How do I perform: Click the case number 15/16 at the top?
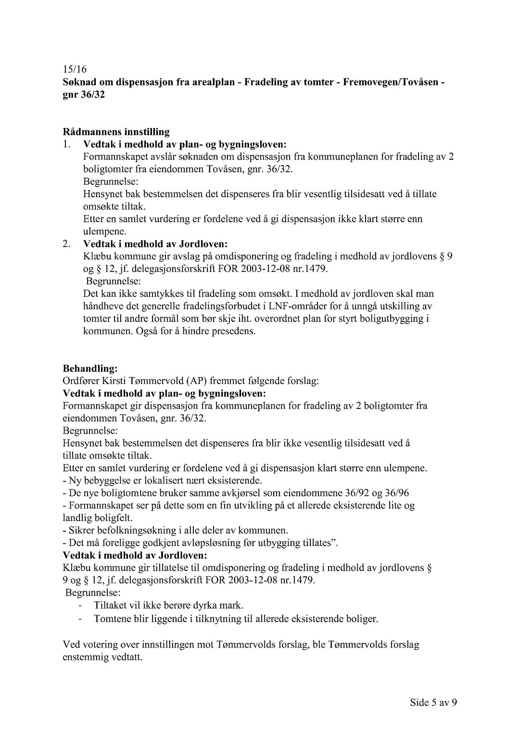click(75, 70)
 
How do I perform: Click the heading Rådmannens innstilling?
click(116, 132)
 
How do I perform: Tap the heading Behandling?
click(90, 369)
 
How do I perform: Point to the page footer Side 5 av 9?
click(433, 702)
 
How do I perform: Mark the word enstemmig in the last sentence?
click(83, 657)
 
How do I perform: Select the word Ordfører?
click(81, 381)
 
